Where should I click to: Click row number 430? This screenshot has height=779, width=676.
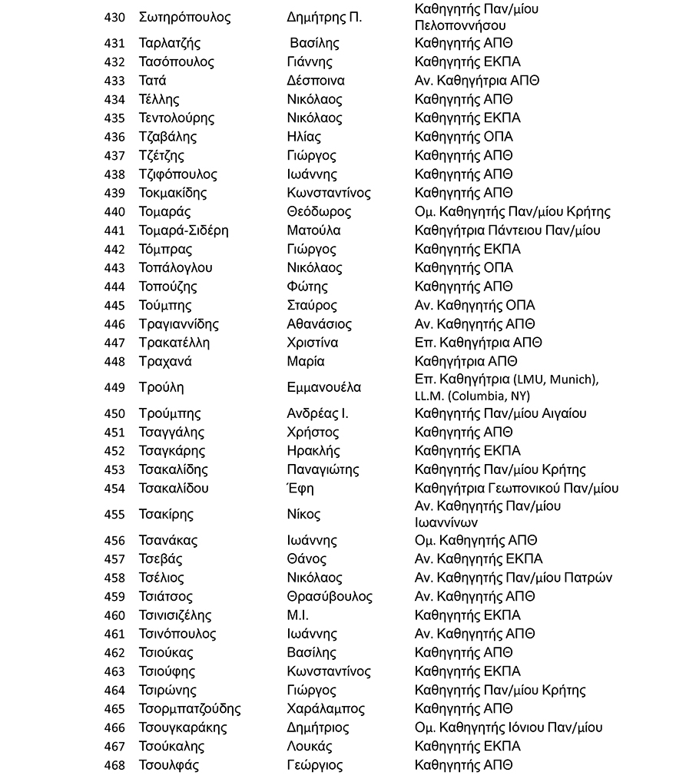tap(114, 18)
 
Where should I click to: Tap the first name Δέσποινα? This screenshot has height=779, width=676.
tap(315, 81)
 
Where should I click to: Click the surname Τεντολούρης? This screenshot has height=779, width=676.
tap(177, 118)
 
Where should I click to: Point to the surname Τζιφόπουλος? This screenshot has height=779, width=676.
tap(178, 174)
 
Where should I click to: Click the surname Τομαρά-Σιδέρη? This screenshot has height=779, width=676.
tap(184, 230)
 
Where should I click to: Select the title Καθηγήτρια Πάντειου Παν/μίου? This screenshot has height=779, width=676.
tap(507, 230)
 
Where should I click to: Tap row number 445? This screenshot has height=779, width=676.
tap(114, 306)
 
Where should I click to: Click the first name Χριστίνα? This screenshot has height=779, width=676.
tap(312, 343)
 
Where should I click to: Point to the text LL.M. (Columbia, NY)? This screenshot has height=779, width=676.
tap(472, 396)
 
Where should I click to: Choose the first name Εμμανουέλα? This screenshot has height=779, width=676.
tap(323, 387)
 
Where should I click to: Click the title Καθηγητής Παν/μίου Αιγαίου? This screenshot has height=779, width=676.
tap(500, 414)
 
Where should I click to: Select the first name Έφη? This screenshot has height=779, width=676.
tap(300, 489)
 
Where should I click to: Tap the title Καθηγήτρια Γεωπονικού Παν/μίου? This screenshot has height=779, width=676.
tap(516, 489)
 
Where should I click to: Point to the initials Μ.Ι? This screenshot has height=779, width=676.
tap(297, 615)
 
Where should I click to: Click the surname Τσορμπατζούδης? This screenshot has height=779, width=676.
tap(190, 709)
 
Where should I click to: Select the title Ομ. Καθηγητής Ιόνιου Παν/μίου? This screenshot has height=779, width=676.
tap(509, 728)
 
